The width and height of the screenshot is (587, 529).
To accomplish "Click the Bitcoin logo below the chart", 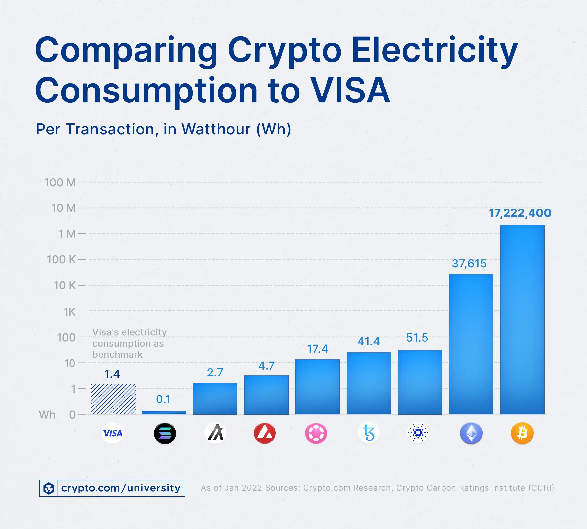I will point(522,433).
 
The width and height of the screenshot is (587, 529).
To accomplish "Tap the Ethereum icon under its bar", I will point(471,433).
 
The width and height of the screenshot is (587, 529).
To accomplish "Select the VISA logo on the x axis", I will point(113,433).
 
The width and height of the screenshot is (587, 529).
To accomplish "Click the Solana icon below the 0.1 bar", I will point(165,433).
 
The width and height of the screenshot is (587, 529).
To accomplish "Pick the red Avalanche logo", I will point(265,433).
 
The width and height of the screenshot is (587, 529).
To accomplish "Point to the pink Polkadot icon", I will point(316,433).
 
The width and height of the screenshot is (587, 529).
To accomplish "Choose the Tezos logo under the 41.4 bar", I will point(369,433).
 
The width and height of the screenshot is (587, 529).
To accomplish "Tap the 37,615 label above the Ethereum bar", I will point(469,264).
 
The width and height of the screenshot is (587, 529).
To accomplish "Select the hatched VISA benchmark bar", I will point(113,399).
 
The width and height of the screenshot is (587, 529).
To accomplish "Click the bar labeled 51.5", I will point(419,382).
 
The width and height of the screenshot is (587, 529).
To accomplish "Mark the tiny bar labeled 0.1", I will point(164,412).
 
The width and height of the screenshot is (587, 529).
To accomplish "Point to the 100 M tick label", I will point(60,183).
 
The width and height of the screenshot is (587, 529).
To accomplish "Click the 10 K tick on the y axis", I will point(65,286).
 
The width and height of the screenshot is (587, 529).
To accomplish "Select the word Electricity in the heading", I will point(434,50).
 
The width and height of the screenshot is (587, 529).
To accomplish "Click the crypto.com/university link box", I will point(112,488).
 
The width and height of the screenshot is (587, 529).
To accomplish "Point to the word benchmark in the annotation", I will point(117,355).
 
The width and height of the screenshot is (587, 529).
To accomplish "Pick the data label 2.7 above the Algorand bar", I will point(215,373).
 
